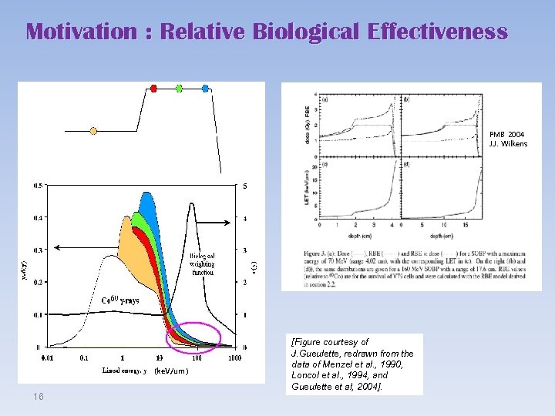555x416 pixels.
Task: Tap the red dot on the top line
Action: point(153,88)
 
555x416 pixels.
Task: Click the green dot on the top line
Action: point(179,88)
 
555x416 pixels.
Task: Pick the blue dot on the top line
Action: point(205,88)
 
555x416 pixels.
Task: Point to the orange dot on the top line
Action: point(93,131)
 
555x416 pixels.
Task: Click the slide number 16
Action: point(39,395)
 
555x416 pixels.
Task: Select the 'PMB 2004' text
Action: point(506,134)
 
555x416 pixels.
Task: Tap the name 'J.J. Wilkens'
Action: point(509,144)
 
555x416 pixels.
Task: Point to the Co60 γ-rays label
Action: point(121,300)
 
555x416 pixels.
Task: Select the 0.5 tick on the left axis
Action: point(38,186)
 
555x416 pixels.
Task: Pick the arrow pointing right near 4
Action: point(220,223)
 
